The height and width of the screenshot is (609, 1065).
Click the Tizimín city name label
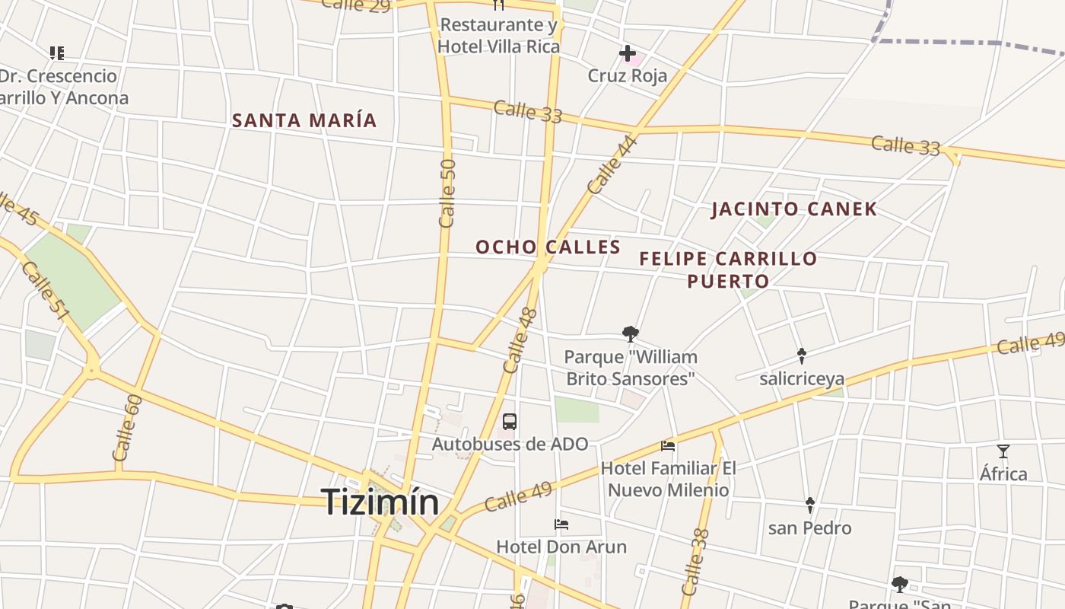pyautogui.click(x=380, y=502)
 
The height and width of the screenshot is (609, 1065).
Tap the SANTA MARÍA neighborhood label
pyautogui.click(x=304, y=120)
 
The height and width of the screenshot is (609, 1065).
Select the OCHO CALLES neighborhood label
pyautogui.click(x=548, y=247)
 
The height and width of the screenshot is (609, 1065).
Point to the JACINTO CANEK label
pyautogui.click(x=794, y=209)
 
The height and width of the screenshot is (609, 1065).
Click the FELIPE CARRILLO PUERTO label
pyautogui.click(x=728, y=269)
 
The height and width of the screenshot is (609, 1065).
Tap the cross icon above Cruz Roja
pyautogui.click(x=628, y=53)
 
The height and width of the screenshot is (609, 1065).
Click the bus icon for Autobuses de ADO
pyautogui.click(x=510, y=422)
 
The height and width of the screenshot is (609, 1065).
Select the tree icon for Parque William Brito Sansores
pyautogui.click(x=630, y=333)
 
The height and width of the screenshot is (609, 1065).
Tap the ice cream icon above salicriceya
pyautogui.click(x=802, y=356)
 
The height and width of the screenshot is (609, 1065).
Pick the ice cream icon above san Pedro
pyautogui.click(x=810, y=505)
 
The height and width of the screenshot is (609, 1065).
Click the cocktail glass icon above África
pyautogui.click(x=1003, y=451)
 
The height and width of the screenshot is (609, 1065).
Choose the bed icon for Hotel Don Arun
pyautogui.click(x=561, y=524)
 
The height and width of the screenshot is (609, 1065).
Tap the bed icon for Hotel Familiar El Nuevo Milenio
pyautogui.click(x=668, y=445)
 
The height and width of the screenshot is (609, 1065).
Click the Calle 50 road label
pyautogui.click(x=447, y=193)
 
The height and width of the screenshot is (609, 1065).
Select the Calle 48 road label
pyautogui.click(x=520, y=340)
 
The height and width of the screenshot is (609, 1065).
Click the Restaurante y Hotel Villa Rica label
pyautogui.click(x=499, y=36)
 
